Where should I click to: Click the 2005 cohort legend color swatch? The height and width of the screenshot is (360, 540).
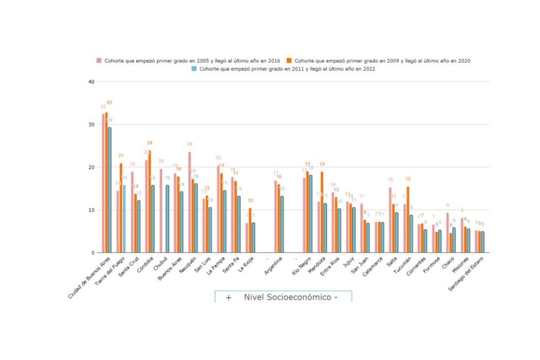click(98, 60)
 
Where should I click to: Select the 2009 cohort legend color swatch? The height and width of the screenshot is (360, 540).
click(290, 60)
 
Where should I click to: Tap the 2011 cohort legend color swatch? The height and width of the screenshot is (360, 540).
click(194, 68)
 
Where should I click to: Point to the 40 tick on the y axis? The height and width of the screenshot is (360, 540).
click(91, 82)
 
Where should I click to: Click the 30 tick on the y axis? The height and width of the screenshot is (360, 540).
click(91, 125)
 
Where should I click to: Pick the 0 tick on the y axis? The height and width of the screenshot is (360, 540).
click(92, 253)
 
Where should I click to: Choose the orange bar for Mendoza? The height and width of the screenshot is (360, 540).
click(322, 212)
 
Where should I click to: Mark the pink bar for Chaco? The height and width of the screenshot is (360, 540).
click(447, 233)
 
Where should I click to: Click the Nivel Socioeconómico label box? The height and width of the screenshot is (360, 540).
click(283, 297)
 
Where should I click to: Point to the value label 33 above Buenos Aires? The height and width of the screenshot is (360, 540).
click(109, 102)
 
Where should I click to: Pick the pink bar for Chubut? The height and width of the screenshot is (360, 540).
click(161, 210)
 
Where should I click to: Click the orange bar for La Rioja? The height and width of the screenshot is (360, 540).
click(250, 230)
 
